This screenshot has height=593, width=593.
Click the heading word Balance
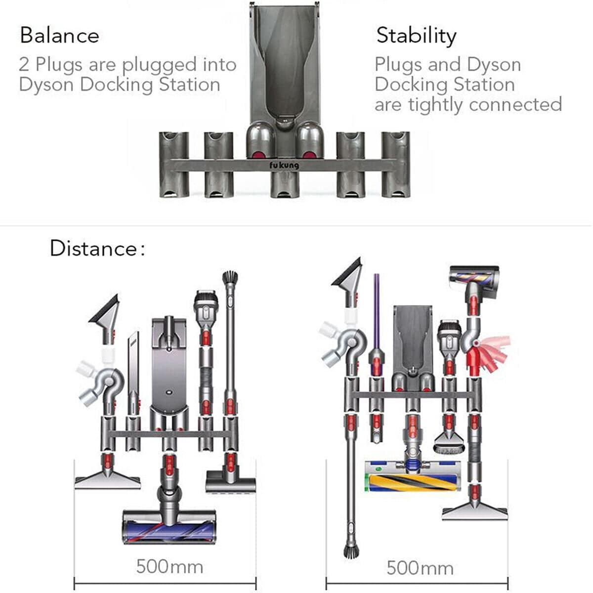[59, 36]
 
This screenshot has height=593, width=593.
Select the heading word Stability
[416, 36]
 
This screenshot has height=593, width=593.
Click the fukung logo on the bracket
[284, 165]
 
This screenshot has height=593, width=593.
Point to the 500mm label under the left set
[169, 566]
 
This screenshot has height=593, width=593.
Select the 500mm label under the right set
[420, 567]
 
